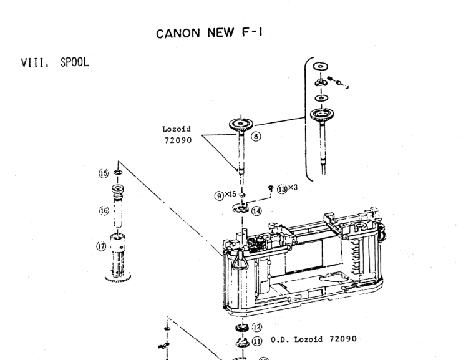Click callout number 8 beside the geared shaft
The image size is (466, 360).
point(256,135)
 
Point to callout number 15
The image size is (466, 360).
point(104,173)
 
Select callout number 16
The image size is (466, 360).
point(103,210)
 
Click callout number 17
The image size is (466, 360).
point(101,247)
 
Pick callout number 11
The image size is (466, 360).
point(256,341)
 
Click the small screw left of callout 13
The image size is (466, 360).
point(270,187)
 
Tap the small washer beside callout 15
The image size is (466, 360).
point(118,172)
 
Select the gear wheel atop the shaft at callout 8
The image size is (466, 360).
point(239,124)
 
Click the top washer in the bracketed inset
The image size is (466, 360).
point(321,66)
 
